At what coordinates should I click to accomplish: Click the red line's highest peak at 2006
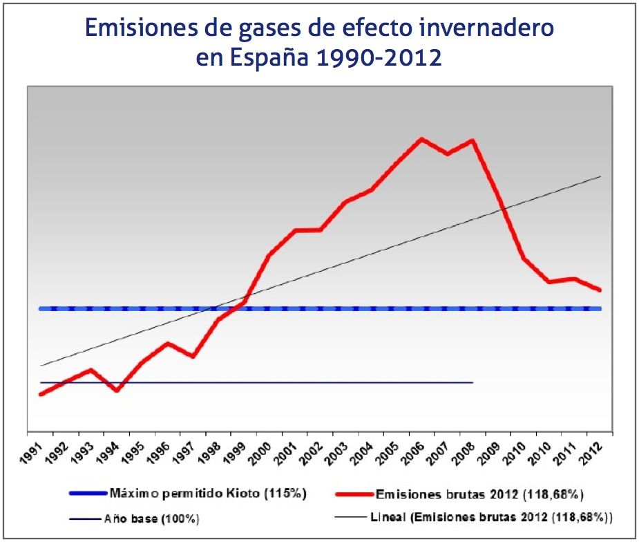(421, 139)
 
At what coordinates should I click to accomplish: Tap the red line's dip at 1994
(117, 391)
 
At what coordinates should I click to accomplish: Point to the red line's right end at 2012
(600, 290)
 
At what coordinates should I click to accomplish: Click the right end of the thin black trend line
(600, 177)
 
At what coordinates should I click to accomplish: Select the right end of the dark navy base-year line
(473, 382)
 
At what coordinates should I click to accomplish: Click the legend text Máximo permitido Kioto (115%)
(207, 494)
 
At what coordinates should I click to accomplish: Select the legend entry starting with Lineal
(491, 516)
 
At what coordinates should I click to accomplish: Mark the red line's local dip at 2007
(448, 153)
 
